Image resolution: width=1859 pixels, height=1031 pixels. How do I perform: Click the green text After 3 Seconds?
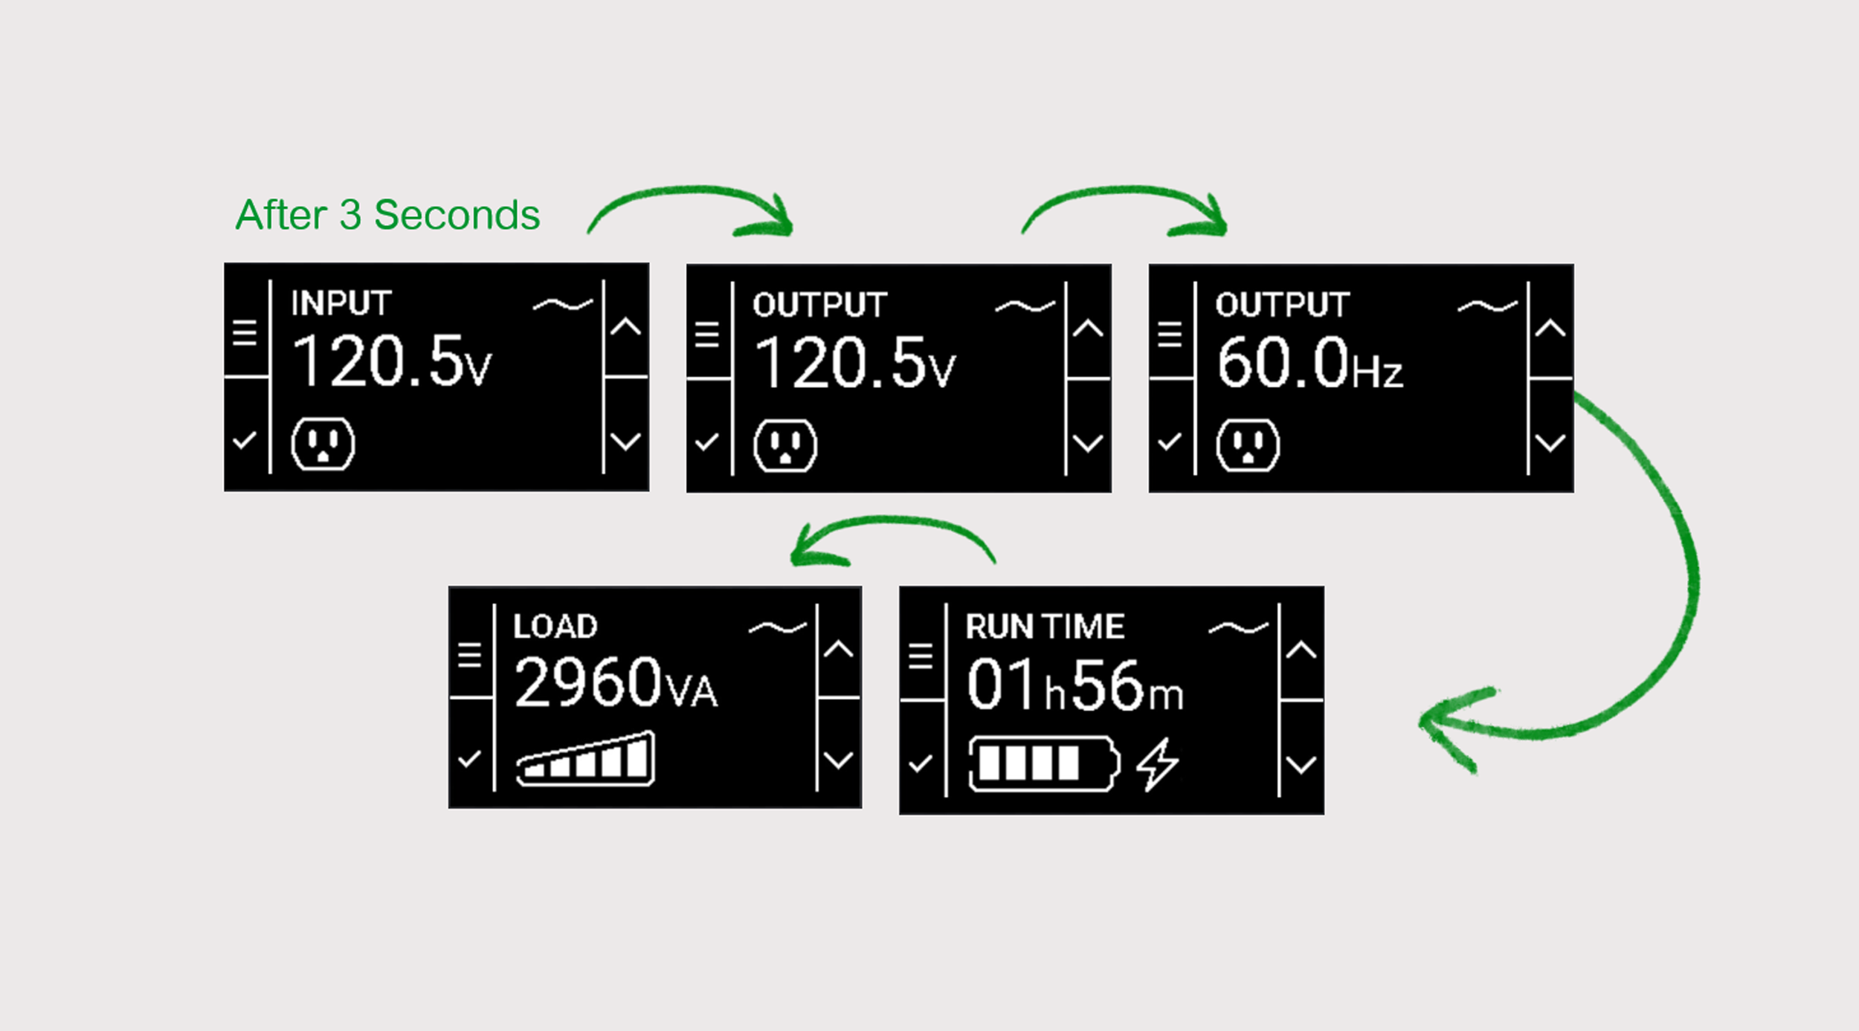pyautogui.click(x=387, y=215)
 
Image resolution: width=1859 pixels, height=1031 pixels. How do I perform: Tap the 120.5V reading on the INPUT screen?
pyautogui.click(x=392, y=361)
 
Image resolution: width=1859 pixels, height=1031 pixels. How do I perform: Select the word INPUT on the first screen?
pyautogui.click(x=341, y=303)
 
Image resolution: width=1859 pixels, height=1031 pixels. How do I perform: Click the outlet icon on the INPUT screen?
pyautogui.click(x=323, y=445)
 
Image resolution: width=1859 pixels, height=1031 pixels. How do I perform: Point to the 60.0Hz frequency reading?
pyautogui.click(x=1309, y=363)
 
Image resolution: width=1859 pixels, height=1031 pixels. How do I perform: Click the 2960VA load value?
pyautogui.click(x=616, y=682)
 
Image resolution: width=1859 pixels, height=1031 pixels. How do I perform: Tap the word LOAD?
pyautogui.click(x=555, y=627)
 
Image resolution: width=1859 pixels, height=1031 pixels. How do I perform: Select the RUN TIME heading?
pyautogui.click(x=1045, y=627)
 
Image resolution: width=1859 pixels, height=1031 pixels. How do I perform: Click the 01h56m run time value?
pyautogui.click(x=1075, y=685)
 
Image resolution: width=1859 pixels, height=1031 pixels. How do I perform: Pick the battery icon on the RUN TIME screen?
pyautogui.click(x=1044, y=763)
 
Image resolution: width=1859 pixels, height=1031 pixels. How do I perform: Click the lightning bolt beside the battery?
pyautogui.click(x=1157, y=764)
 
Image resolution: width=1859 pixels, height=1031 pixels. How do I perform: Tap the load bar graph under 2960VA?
pyautogui.click(x=585, y=758)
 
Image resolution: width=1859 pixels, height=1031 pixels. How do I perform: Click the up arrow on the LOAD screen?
pyautogui.click(x=838, y=649)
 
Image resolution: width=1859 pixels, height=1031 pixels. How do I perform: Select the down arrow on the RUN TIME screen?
pyautogui.click(x=1301, y=765)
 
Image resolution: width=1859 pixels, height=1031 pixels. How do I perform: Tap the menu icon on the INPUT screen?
pyautogui.click(x=245, y=333)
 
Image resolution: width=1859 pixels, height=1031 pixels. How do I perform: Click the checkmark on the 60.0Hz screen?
pyautogui.click(x=1169, y=442)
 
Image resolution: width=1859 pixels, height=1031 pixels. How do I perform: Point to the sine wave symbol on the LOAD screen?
pyautogui.click(x=778, y=628)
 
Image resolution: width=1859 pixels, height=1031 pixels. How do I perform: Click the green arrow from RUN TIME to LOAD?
pyautogui.click(x=892, y=520)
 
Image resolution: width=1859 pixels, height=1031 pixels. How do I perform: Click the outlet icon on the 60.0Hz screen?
pyautogui.click(x=1248, y=445)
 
